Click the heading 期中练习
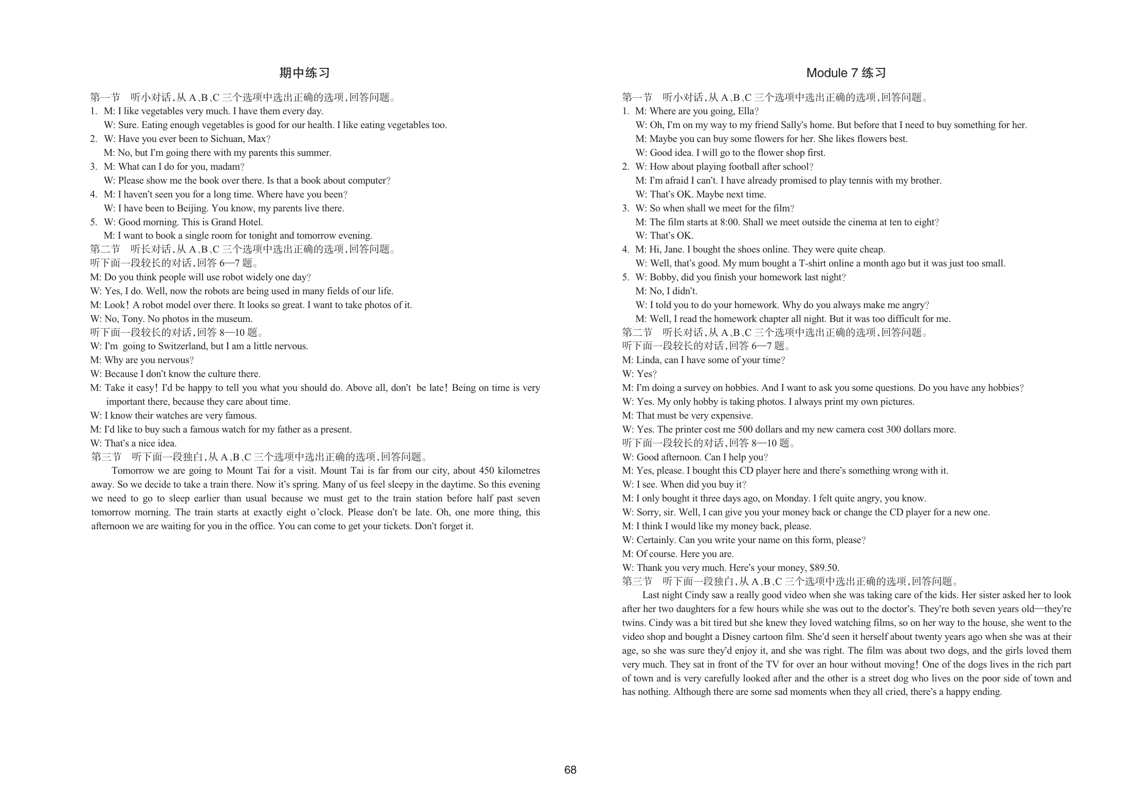coord(304,73)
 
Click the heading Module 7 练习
coord(846,73)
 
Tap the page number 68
coord(570,769)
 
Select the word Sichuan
coord(227,139)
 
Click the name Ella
coord(746,111)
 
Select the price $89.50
coord(824,568)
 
